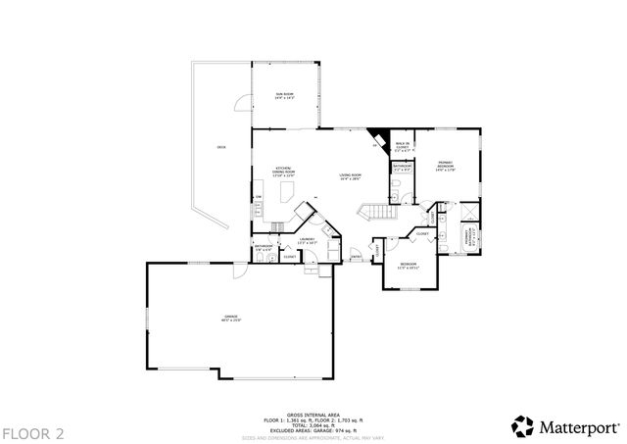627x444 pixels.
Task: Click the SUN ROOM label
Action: point(283,96)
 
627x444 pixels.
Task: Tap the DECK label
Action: point(221,147)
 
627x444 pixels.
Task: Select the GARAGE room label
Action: point(231,318)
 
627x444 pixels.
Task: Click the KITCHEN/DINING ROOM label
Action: point(284,171)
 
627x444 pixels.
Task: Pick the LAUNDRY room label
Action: point(306,241)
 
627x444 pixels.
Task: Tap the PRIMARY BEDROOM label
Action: point(445,168)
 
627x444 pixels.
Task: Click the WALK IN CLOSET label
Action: point(402,147)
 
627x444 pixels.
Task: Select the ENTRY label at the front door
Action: point(356,258)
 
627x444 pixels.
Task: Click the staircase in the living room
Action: point(378,212)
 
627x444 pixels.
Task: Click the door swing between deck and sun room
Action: point(240,102)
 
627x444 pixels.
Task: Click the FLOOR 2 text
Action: point(32,432)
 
